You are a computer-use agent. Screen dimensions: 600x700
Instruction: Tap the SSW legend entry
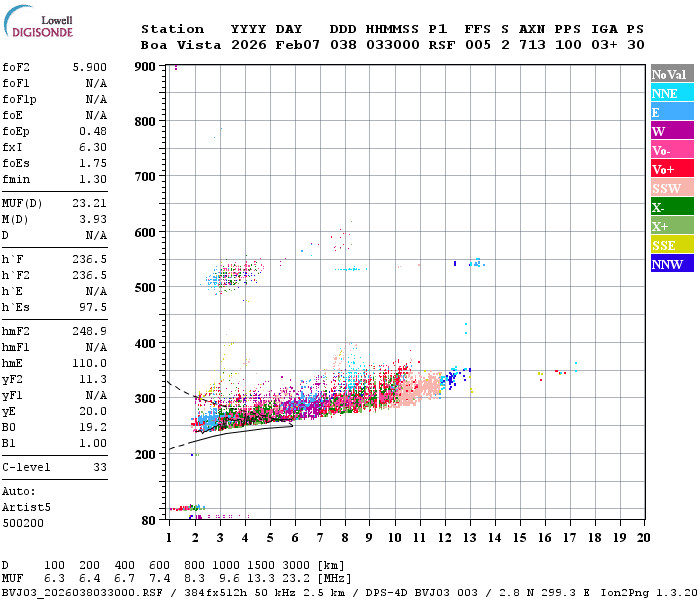(668, 188)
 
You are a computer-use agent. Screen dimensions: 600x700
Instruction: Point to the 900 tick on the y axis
(147, 66)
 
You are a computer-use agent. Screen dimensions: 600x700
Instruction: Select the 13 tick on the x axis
(469, 538)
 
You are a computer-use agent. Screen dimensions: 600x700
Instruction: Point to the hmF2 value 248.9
(89, 342)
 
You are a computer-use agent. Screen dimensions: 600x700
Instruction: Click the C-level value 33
(100, 467)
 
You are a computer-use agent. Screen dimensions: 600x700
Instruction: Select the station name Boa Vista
(171, 45)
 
